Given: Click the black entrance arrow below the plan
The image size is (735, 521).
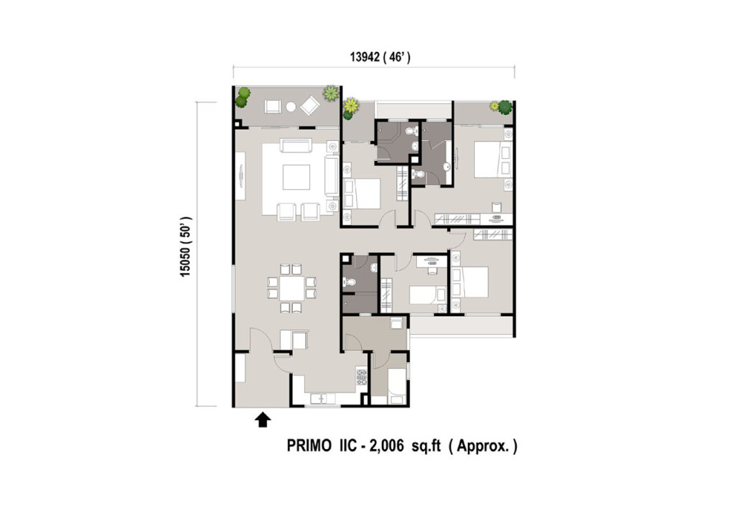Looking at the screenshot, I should pos(263,419).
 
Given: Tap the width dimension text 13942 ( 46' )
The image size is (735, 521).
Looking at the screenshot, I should pos(380,58).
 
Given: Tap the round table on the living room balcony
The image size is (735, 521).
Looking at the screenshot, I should pos(291,107).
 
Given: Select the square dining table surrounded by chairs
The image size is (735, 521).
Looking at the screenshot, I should pos(291,289).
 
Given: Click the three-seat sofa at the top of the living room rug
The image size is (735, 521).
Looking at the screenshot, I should pos(296,147).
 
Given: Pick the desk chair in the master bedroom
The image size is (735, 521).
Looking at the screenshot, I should pos(497,206).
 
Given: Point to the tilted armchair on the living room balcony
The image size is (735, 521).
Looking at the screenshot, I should pos(311,106).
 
